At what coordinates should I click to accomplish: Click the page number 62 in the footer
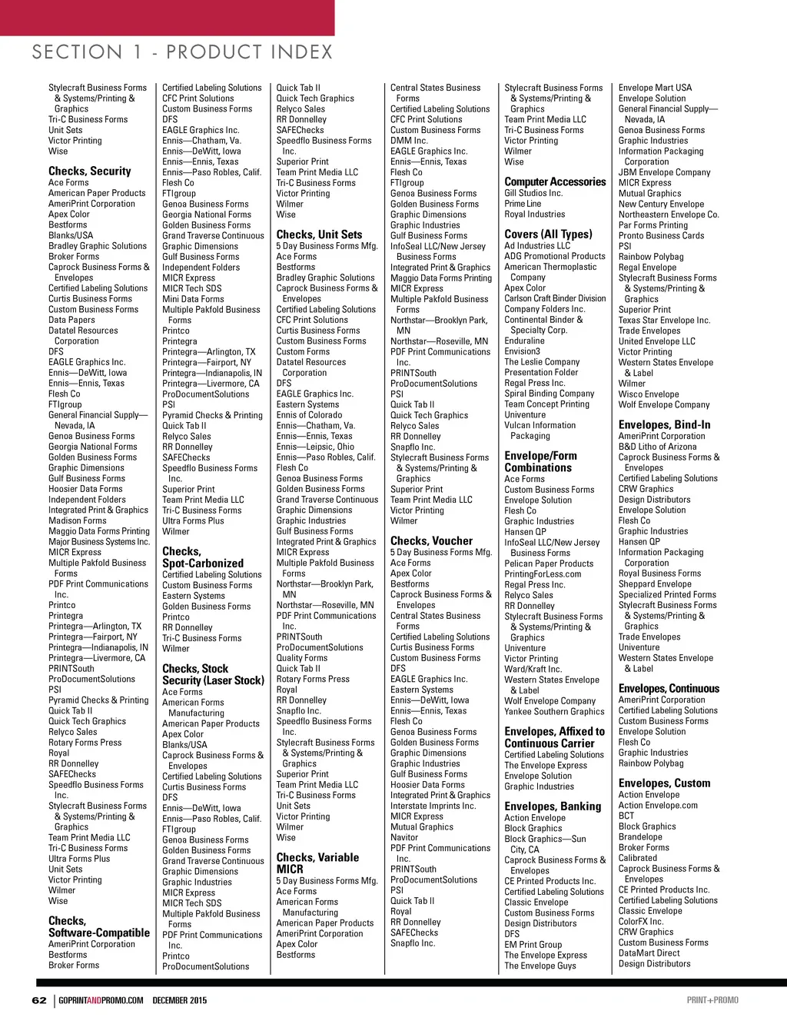(x=39, y=1000)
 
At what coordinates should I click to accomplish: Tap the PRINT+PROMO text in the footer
(x=712, y=1000)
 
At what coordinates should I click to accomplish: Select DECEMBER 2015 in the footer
(x=180, y=1000)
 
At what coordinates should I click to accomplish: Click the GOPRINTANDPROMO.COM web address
(x=101, y=1000)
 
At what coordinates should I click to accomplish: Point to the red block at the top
(x=167, y=17)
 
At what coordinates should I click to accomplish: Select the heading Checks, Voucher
(x=431, y=540)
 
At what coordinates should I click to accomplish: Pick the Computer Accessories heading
(x=555, y=181)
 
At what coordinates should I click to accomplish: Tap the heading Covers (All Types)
(x=548, y=234)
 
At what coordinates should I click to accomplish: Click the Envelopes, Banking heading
(x=553, y=806)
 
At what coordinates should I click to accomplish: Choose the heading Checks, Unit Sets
(x=319, y=234)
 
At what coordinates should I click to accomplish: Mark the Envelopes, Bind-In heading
(x=664, y=424)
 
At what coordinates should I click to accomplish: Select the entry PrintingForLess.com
(x=543, y=574)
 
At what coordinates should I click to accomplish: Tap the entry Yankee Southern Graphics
(x=554, y=711)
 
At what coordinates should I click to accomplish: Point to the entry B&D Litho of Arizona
(x=657, y=447)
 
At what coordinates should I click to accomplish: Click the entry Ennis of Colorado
(x=309, y=414)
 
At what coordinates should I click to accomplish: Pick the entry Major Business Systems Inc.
(x=99, y=541)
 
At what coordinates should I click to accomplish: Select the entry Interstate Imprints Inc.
(x=433, y=806)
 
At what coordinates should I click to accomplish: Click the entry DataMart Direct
(x=649, y=953)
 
